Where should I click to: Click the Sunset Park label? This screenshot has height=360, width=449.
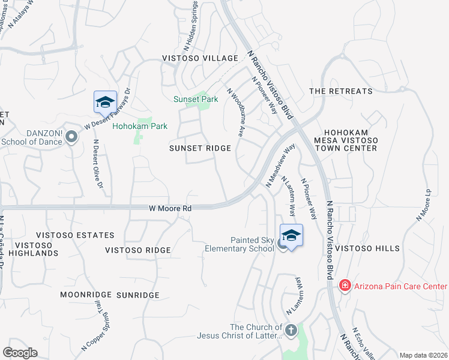click(x=195, y=99)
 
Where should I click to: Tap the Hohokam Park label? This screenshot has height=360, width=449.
click(x=140, y=126)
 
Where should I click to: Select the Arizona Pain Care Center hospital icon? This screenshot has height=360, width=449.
click(x=345, y=285)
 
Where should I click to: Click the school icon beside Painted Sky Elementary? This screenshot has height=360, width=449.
click(x=291, y=235)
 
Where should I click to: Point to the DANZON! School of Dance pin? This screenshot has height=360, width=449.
click(x=71, y=137)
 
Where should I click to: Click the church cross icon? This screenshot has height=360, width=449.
click(x=291, y=330)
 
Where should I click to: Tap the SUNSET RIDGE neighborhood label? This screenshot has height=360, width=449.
click(x=200, y=148)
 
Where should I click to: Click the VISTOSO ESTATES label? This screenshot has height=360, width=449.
click(x=74, y=235)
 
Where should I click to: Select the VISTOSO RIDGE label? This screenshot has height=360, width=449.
click(x=138, y=250)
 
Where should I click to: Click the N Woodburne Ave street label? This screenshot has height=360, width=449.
click(x=235, y=114)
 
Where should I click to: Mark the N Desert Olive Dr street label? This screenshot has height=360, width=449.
click(x=97, y=163)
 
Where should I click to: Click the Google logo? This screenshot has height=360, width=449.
click(x=20, y=353)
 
